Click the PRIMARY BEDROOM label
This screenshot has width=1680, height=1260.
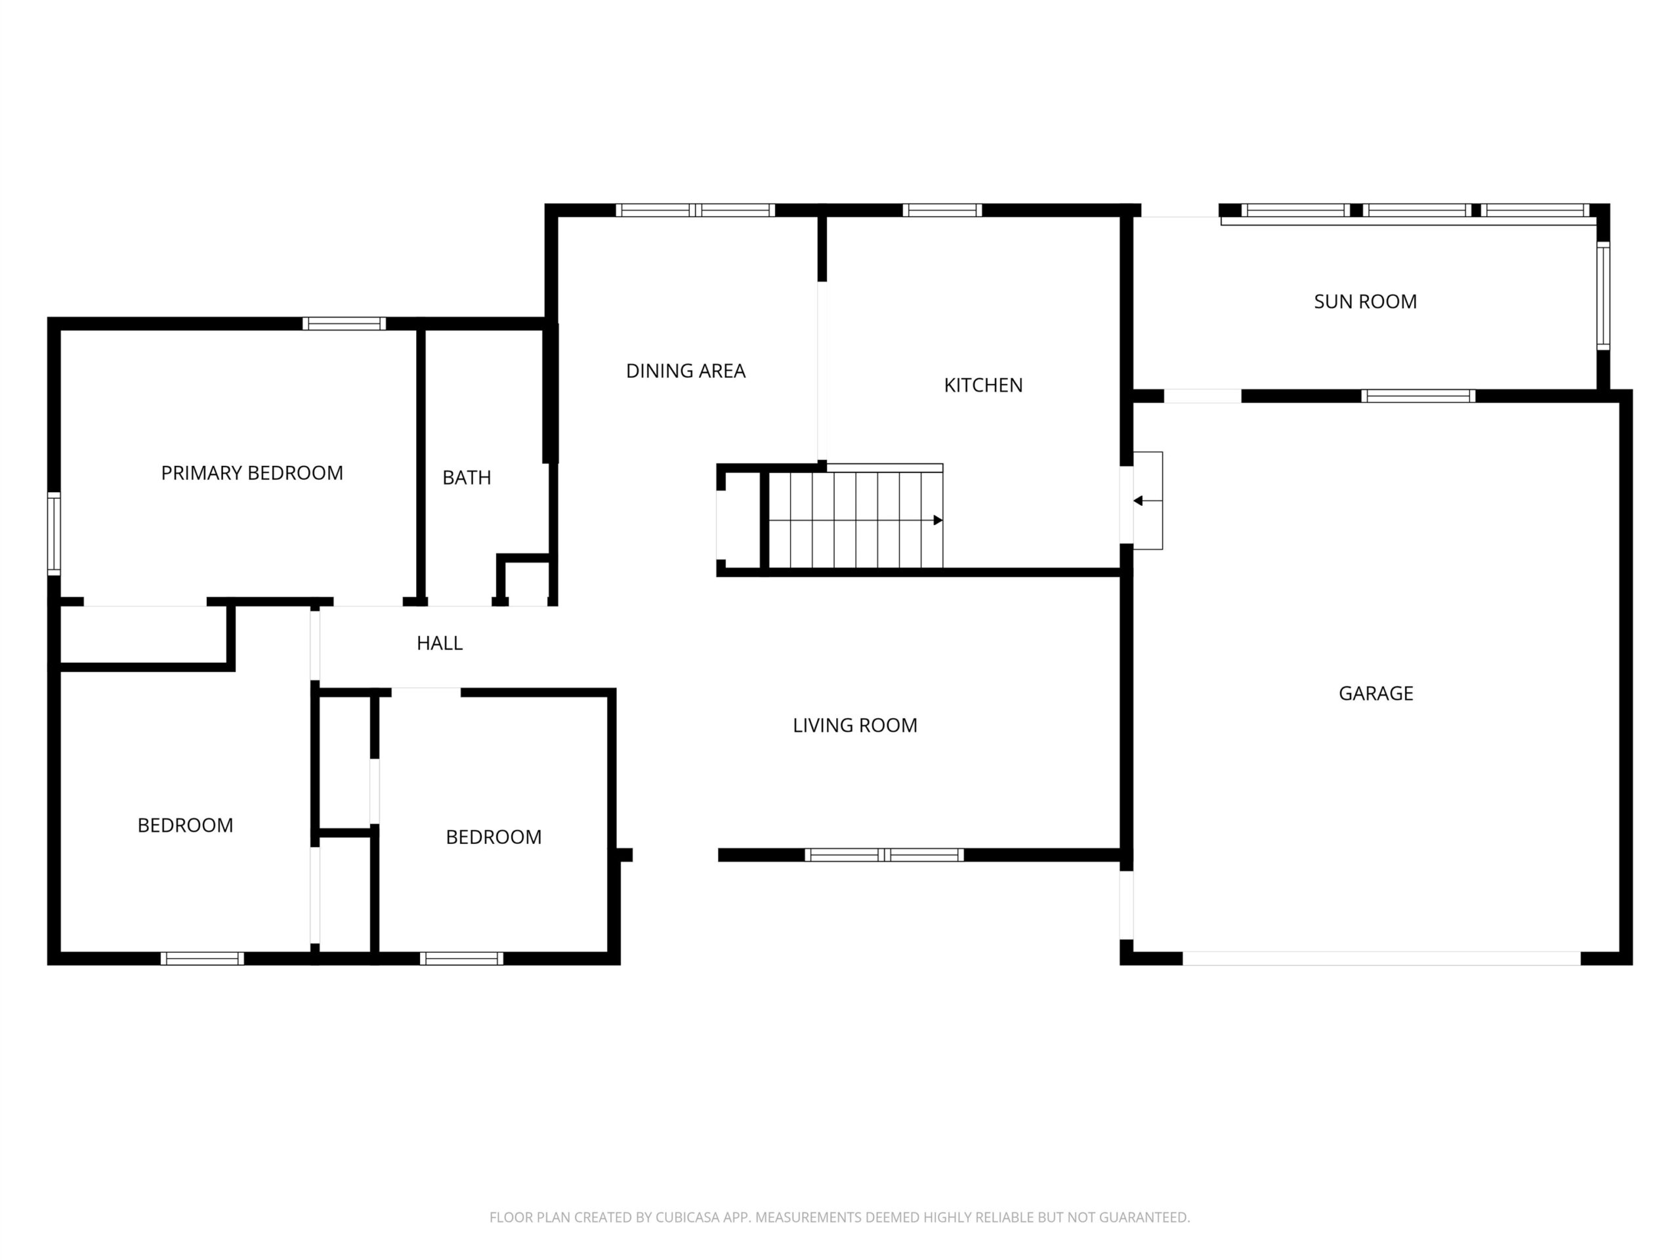pyautogui.click(x=252, y=473)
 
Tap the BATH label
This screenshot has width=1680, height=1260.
pyautogui.click(x=467, y=478)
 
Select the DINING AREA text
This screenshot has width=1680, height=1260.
pyautogui.click(x=685, y=371)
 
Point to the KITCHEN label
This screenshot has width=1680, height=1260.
pyautogui.click(x=983, y=385)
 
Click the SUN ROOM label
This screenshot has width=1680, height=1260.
pyautogui.click(x=1365, y=301)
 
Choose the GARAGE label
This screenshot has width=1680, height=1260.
pyautogui.click(x=1375, y=694)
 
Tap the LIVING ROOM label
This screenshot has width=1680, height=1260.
pyautogui.click(x=854, y=725)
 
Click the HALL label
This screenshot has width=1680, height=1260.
pyautogui.click(x=439, y=643)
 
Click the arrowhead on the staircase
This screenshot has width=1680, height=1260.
pyautogui.click(x=938, y=520)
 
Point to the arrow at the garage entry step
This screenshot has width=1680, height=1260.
pyautogui.click(x=1147, y=501)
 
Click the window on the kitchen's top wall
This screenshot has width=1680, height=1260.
pyautogui.click(x=942, y=211)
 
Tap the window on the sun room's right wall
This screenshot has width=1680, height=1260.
pyautogui.click(x=1603, y=295)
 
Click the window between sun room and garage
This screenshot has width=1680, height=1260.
pyautogui.click(x=1418, y=396)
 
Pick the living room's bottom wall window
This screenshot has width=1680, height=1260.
pyautogui.click(x=884, y=854)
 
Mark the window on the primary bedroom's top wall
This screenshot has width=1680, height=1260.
pyautogui.click(x=344, y=324)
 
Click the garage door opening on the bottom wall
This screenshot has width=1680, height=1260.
pyautogui.click(x=1381, y=959)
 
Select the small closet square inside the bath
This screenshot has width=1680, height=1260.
pyautogui.click(x=525, y=580)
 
